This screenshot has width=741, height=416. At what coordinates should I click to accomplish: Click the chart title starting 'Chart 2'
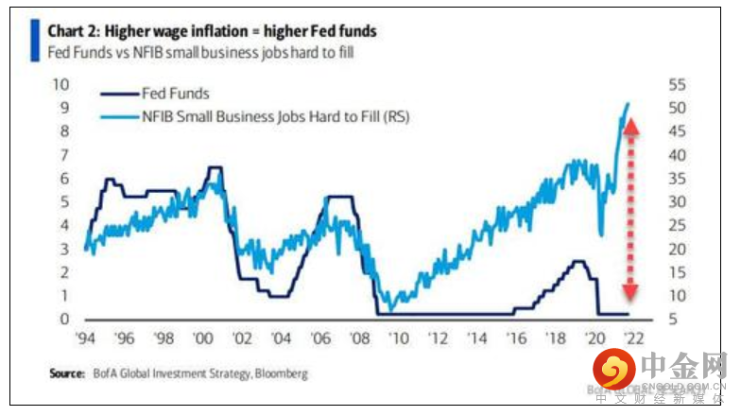tap(212, 31)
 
